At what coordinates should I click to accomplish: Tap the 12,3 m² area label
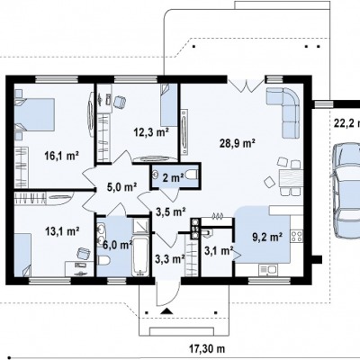click(151, 131)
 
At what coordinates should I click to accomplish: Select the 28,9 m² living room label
click(238, 143)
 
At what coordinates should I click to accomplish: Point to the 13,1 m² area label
click(62, 230)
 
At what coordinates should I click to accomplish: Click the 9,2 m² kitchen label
click(267, 238)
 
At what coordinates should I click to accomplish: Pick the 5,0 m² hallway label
click(121, 187)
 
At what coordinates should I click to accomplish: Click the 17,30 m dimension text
click(207, 349)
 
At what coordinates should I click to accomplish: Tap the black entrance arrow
click(167, 310)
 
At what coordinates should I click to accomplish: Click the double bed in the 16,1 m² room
click(34, 115)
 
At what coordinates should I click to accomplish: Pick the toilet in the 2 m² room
click(192, 175)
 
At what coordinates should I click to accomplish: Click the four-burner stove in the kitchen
click(296, 236)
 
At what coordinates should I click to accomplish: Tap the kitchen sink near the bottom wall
click(268, 270)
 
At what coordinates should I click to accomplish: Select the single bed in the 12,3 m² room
click(169, 104)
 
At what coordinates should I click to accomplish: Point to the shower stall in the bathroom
click(141, 225)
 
